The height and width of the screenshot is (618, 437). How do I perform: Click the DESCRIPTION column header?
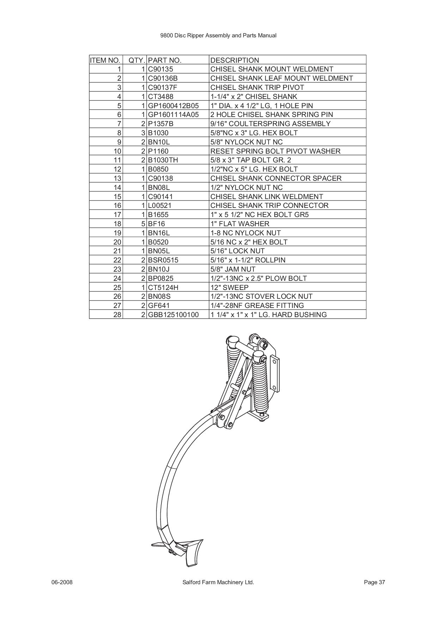click(x=234, y=60)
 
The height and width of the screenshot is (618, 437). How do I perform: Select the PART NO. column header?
click(x=165, y=60)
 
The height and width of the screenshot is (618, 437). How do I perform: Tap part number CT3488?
click(x=161, y=97)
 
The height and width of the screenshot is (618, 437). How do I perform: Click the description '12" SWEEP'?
click(x=229, y=288)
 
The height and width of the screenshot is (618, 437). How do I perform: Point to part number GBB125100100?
click(x=173, y=315)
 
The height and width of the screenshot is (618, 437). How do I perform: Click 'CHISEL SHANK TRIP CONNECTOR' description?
click(x=269, y=205)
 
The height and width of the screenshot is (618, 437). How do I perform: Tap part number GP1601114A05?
click(x=173, y=115)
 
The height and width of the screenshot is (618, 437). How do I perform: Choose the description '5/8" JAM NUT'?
click(x=233, y=269)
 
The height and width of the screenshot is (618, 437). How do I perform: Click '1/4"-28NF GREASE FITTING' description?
click(x=257, y=305)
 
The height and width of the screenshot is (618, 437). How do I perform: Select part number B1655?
click(x=158, y=215)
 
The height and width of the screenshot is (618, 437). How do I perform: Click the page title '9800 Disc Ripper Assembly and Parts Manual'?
click(x=218, y=36)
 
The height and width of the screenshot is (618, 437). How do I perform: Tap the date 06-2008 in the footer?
click(x=62, y=582)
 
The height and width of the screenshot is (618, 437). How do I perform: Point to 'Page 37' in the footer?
click(x=375, y=582)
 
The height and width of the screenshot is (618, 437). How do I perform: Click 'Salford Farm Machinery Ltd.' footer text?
click(x=218, y=582)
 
